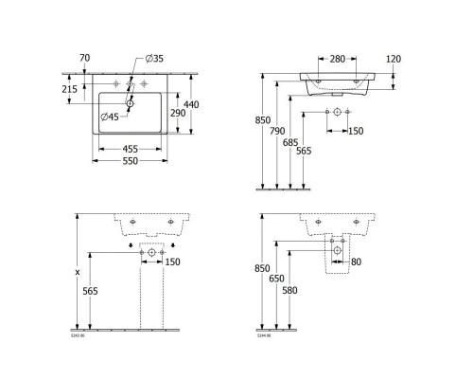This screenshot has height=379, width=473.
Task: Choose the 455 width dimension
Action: point(131,149)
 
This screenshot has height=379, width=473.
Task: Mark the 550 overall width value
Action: point(131,162)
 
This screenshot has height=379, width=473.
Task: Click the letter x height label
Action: point(78,272)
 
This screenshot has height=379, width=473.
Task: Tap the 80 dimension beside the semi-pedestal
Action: point(357,262)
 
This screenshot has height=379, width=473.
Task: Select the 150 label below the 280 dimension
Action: point(357,130)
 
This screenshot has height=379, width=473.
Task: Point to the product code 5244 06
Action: point(264,334)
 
